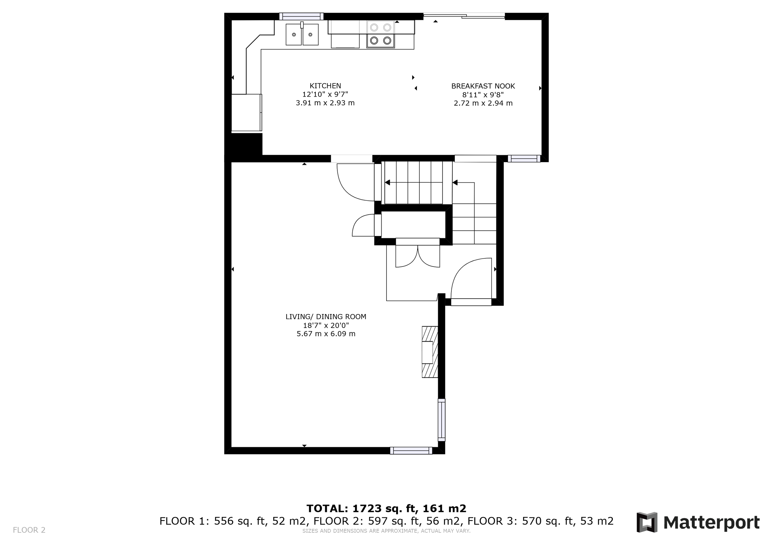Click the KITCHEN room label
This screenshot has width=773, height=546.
click(325, 86)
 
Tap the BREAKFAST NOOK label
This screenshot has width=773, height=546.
click(483, 86)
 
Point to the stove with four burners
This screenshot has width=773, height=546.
click(380, 34)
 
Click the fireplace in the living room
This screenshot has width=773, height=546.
click(430, 352)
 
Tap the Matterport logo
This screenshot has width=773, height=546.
click(698, 523)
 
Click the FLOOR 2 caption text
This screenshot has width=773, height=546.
click(29, 530)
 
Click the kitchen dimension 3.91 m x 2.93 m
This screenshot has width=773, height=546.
click(325, 103)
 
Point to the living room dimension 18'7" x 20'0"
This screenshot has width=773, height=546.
click(326, 325)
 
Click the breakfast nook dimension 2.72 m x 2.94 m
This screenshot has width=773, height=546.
click(483, 103)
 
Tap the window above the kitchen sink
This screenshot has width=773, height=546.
click(301, 16)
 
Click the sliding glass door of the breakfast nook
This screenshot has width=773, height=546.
click(464, 15)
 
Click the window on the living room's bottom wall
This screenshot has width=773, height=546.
click(411, 451)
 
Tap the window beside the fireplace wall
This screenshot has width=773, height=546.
click(441, 420)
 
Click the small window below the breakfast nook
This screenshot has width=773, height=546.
click(524, 158)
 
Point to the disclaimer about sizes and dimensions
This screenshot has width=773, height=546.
click(386, 531)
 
